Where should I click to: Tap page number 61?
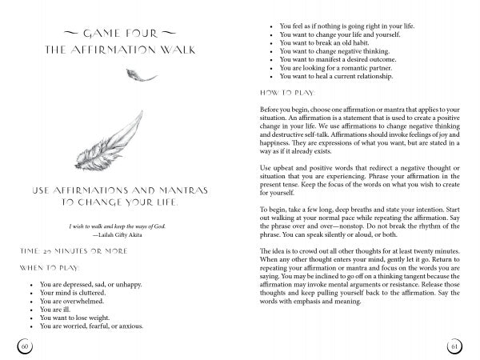pos(454,345)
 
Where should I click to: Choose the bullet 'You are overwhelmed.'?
pos(74,301)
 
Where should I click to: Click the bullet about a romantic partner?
pos(335,69)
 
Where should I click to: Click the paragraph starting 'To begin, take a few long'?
pos(355,218)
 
